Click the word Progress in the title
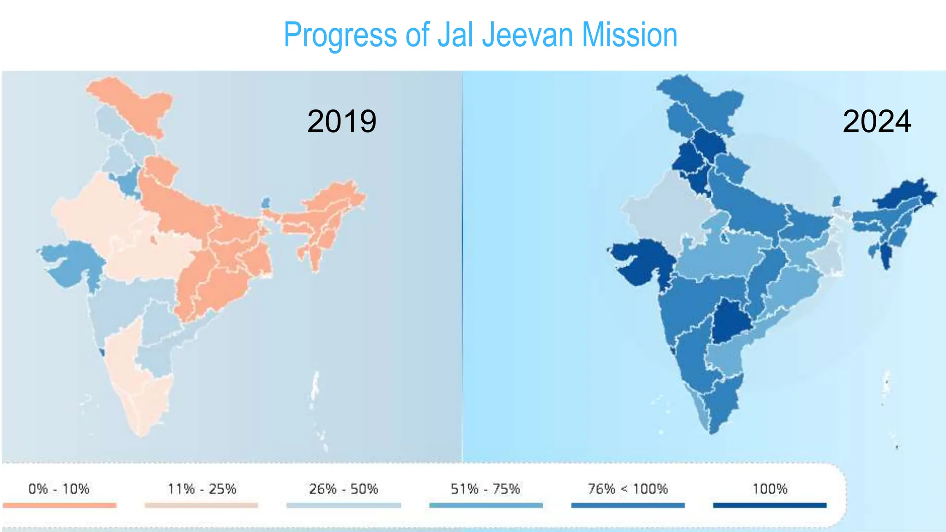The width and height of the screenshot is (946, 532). pyautogui.click(x=340, y=35)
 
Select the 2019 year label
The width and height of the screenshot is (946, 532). pyautogui.click(x=342, y=121)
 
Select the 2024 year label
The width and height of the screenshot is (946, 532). pyautogui.click(x=877, y=121)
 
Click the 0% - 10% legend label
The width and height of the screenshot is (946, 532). pyautogui.click(x=59, y=489)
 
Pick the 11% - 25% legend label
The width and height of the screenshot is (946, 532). pyautogui.click(x=202, y=489)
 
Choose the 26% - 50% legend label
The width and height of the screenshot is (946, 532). pyautogui.click(x=344, y=489)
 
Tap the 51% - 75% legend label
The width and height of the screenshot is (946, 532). pyautogui.click(x=485, y=489)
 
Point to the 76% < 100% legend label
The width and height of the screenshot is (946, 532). pyautogui.click(x=628, y=489)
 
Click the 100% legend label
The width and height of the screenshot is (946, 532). pyautogui.click(x=770, y=489)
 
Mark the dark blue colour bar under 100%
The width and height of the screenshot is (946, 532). pyautogui.click(x=770, y=505)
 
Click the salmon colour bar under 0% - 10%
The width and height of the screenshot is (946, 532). pyautogui.click(x=60, y=505)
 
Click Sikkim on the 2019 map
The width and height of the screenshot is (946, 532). pyautogui.click(x=266, y=203)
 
